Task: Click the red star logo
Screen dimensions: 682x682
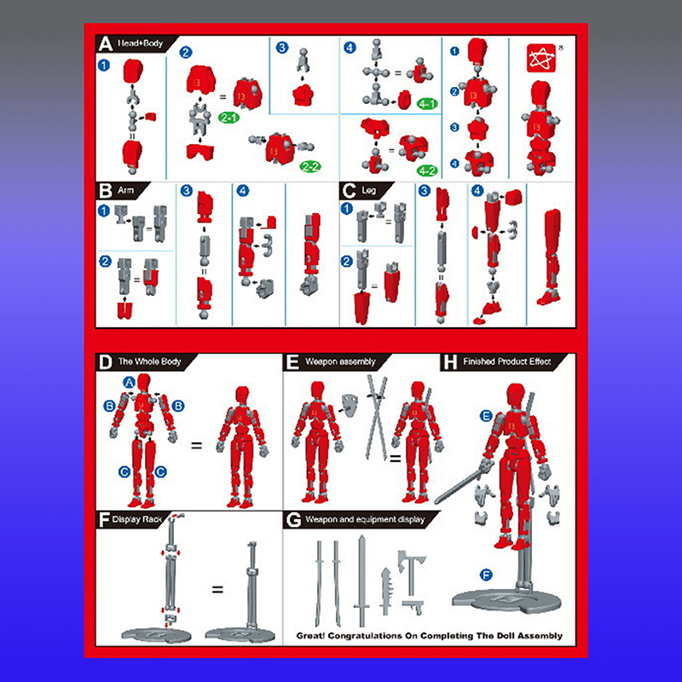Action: (541, 58)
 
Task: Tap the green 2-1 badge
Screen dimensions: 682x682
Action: (228, 118)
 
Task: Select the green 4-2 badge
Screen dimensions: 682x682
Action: (427, 171)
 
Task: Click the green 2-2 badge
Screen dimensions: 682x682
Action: (310, 166)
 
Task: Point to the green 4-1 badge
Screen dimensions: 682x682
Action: (427, 104)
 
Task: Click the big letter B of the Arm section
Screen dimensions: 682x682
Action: (105, 191)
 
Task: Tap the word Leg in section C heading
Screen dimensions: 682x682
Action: (369, 190)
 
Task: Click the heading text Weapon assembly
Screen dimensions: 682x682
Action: (340, 361)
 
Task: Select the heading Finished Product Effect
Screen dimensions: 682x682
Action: (506, 361)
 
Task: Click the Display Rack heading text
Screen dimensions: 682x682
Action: (137, 519)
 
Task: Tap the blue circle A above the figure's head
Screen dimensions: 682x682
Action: (130, 382)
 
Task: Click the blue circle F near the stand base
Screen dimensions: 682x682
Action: (486, 575)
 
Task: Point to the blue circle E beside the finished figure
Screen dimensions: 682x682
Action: (486, 416)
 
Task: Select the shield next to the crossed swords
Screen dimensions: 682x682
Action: (350, 404)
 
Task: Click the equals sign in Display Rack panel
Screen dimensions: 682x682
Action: (217, 590)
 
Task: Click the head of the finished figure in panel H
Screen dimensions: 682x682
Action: (516, 395)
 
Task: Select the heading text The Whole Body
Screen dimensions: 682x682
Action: (149, 361)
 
